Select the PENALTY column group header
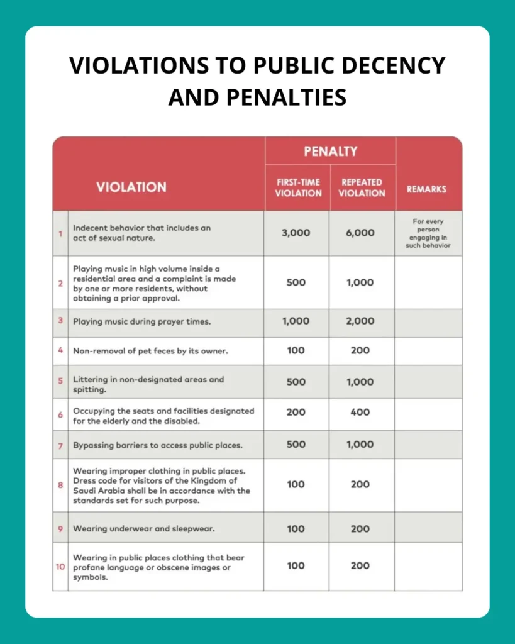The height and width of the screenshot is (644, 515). [x=330, y=152]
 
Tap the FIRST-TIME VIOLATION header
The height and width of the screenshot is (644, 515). [x=298, y=187]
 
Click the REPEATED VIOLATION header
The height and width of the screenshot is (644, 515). [x=362, y=187]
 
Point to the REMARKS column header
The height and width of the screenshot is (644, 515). [x=426, y=188]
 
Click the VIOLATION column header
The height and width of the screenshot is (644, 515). [x=131, y=187]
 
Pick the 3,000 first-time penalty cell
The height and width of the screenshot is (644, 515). [x=296, y=233]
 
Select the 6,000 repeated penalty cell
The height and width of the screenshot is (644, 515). [x=360, y=233]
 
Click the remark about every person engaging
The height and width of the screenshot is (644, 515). [x=428, y=233]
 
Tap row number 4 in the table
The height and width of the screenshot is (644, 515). [x=60, y=351]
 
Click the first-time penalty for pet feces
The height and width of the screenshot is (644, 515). [x=296, y=351]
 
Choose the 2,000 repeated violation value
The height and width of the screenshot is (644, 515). [x=360, y=321]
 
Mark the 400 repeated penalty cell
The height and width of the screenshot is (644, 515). [x=360, y=413]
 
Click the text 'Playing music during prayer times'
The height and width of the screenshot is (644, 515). [x=141, y=321]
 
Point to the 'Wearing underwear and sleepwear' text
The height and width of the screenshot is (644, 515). [x=144, y=529]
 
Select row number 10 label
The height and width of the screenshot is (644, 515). [x=60, y=567]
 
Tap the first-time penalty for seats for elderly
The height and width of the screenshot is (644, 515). [x=296, y=413]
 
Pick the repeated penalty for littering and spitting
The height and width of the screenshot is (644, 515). [x=360, y=382]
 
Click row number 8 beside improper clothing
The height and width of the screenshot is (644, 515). [x=60, y=485]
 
